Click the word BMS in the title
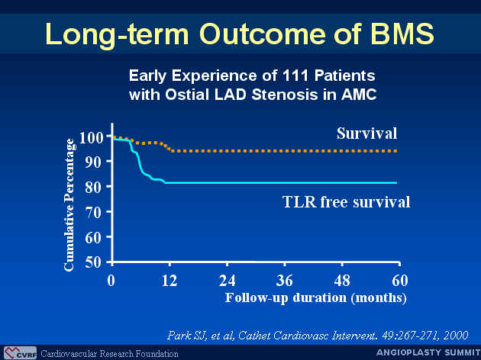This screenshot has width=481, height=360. pyautogui.click(x=402, y=34)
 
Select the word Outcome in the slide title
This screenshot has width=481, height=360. pyautogui.click(x=263, y=34)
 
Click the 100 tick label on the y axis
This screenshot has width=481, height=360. pyautogui.click(x=91, y=137)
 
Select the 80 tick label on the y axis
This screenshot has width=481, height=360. pyautogui.click(x=93, y=187)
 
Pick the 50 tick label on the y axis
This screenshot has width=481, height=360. pyautogui.click(x=93, y=262)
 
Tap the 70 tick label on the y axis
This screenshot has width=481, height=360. pyautogui.click(x=93, y=212)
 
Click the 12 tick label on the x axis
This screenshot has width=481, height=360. pyautogui.click(x=169, y=281)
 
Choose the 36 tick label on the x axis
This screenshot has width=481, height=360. pyautogui.click(x=284, y=281)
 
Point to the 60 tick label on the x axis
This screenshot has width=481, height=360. pyautogui.click(x=400, y=281)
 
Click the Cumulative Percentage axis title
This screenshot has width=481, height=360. pyautogui.click(x=69, y=205)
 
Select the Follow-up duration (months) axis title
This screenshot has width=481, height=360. pyautogui.click(x=315, y=297)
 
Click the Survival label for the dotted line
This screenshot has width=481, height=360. pyautogui.click(x=367, y=133)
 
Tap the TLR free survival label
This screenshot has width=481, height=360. pyautogui.click(x=346, y=202)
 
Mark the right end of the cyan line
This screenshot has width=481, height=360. pyautogui.click(x=397, y=183)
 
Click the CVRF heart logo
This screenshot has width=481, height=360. pyautogui.click(x=21, y=353)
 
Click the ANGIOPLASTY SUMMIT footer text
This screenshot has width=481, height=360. pyautogui.click(x=428, y=353)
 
